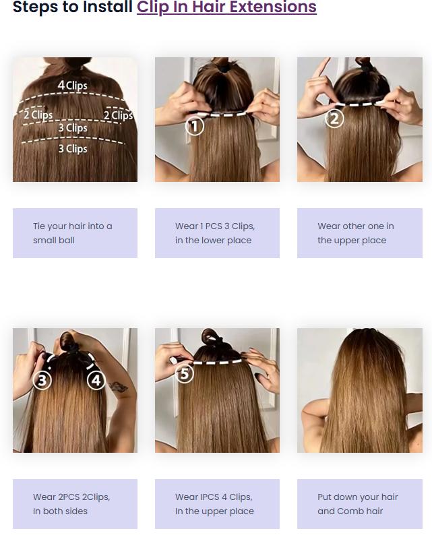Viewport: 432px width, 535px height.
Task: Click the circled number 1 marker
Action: (195, 126)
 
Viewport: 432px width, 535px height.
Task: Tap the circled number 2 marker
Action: (334, 119)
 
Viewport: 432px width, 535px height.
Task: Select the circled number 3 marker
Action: (42, 380)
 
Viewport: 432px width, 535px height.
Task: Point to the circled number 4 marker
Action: (96, 380)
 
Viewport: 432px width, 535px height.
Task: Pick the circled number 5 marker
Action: (185, 374)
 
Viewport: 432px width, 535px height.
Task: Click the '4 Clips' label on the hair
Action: (72, 85)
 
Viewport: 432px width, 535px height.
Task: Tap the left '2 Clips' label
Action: (38, 115)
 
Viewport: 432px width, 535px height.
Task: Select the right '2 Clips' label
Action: (119, 115)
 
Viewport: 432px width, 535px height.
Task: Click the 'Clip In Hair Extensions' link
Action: (226, 7)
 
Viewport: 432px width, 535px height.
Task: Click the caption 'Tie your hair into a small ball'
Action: (72, 233)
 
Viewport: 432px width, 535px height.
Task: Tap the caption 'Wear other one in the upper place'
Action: (356, 233)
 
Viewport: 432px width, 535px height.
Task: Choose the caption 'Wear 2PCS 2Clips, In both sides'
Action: (71, 504)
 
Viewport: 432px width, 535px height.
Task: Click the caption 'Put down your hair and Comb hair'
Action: (358, 504)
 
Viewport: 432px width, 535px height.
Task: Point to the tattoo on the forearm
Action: (119, 387)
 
